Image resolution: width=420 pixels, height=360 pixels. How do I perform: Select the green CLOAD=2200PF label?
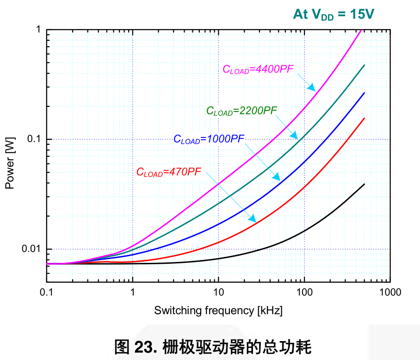pos(241,111)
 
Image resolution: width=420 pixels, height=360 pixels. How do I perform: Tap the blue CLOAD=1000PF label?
pos(209,139)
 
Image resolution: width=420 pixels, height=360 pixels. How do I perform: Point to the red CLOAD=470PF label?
pos(168,172)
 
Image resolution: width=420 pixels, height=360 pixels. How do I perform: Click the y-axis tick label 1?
pos(38,30)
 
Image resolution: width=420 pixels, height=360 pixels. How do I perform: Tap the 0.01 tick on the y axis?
pos(32,249)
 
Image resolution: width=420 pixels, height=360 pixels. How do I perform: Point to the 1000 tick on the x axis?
pos(390,292)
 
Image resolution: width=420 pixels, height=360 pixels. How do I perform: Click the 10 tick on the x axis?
pos(218,292)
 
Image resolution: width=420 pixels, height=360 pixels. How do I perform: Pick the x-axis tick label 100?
pos(304,292)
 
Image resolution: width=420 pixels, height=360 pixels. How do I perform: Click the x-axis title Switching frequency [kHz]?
pos(218,310)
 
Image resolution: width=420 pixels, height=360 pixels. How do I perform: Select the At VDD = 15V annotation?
pos(333,15)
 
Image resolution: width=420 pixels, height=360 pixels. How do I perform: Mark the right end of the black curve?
pos(364,184)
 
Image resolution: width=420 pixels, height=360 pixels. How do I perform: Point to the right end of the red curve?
pos(364,118)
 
